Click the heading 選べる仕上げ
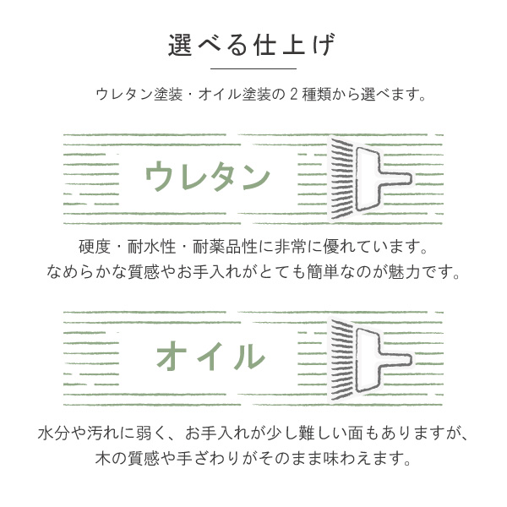(x=252, y=45)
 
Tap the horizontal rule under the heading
(x=253, y=68)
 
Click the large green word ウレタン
(x=208, y=177)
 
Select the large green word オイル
(x=210, y=356)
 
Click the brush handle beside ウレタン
(x=382, y=178)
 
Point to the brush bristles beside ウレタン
(x=342, y=178)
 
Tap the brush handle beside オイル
(x=382, y=359)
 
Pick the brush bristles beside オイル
(x=342, y=359)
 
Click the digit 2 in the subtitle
(x=293, y=95)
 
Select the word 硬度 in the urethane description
(x=95, y=247)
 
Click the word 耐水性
(x=151, y=247)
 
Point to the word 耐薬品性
(x=225, y=247)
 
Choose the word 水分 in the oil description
(x=54, y=433)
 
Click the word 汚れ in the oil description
(x=103, y=433)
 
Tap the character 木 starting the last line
(x=103, y=459)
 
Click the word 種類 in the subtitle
(x=316, y=95)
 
